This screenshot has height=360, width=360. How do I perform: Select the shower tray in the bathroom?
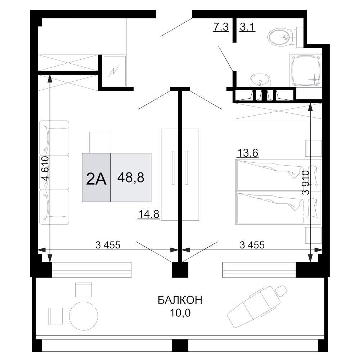[306, 71]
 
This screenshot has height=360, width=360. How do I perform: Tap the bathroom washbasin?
[260, 80]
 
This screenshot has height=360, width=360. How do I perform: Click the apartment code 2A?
[96, 179]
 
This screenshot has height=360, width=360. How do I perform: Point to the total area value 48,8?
[131, 177]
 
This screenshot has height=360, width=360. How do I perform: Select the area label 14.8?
[149, 214]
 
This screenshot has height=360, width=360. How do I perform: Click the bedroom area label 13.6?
[248, 153]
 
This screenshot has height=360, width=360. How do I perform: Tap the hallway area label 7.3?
[221, 27]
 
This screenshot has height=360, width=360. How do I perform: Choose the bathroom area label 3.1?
[248, 27]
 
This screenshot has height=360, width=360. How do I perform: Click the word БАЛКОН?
[180, 300]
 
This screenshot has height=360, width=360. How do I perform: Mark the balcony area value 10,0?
[180, 313]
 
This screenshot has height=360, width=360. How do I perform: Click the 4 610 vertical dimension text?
[46, 168]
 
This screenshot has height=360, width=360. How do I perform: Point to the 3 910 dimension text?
[306, 183]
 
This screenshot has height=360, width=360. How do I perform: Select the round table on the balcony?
[84, 316]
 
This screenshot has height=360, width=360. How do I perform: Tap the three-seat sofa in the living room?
[54, 172]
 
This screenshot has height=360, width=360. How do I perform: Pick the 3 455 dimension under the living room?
[108, 245]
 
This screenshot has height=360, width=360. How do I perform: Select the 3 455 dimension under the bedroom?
[252, 245]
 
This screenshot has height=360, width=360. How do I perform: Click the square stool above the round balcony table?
[84, 290]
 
